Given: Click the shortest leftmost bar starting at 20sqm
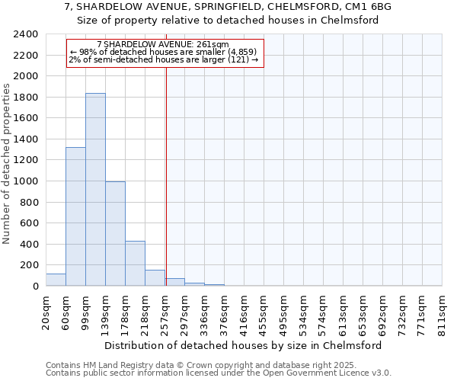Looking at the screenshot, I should [x=56, y=280].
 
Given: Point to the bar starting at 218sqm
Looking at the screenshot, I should [x=155, y=278].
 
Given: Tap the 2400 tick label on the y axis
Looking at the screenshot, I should [x=26, y=35].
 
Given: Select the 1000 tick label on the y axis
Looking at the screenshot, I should [x=26, y=181].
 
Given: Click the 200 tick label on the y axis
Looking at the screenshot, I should [x=29, y=265].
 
